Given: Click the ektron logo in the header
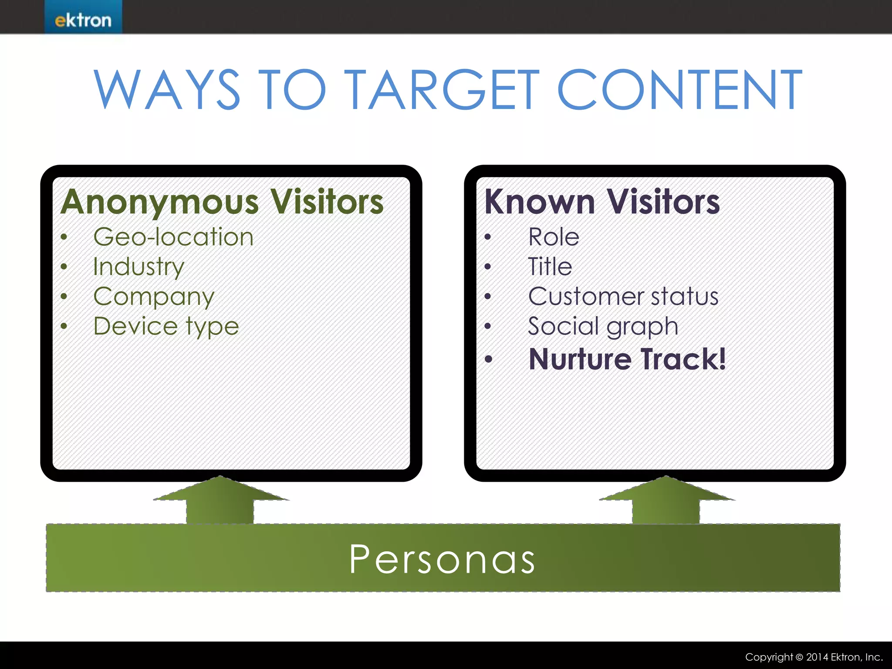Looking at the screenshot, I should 83,20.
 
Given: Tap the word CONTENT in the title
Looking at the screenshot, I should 679,90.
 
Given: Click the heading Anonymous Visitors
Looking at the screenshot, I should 222,203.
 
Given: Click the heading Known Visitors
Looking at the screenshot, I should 602,203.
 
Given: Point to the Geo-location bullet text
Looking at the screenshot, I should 173,237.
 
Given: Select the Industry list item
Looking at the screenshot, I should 139,267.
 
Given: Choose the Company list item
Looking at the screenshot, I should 154,297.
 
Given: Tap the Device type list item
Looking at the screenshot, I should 166,327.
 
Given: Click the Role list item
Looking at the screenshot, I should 554,237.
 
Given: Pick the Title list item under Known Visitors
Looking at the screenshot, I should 550,267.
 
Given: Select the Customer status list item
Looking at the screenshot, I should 623,297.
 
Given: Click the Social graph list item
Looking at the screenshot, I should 603,327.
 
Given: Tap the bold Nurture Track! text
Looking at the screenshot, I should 627,359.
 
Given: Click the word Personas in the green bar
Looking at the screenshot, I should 442,559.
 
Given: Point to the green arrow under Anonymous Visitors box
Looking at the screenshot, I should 220,501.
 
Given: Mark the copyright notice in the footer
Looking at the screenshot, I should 814,657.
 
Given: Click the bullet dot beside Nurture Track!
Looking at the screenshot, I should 488,359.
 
